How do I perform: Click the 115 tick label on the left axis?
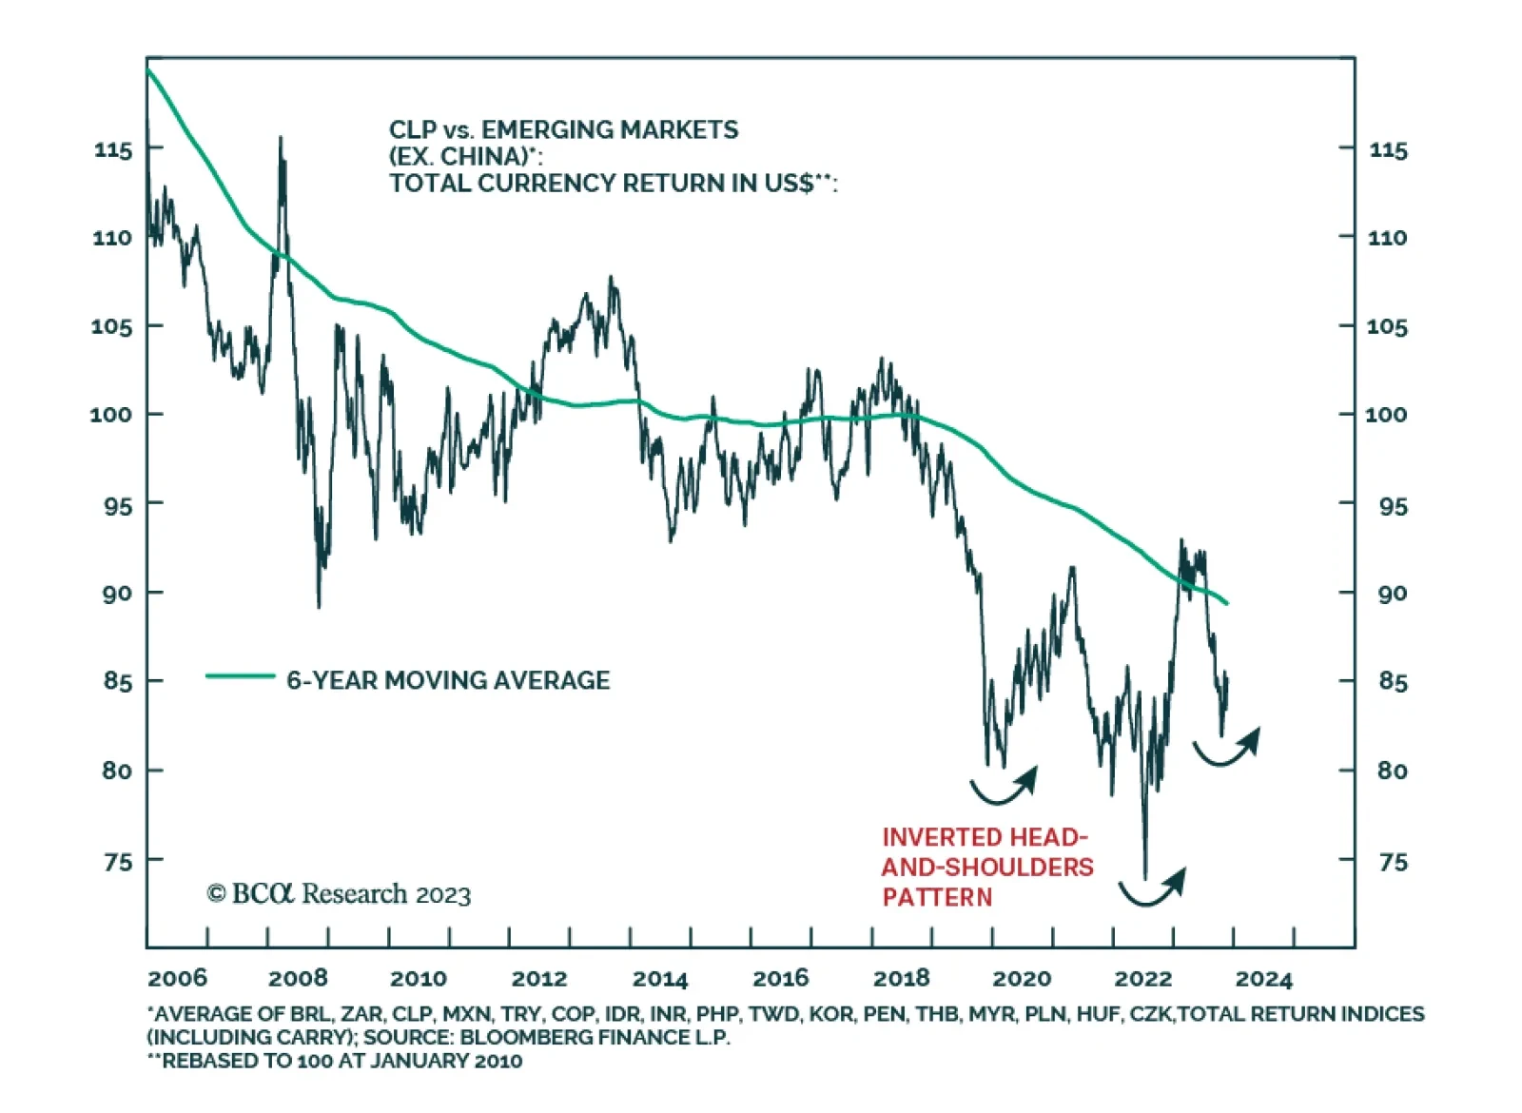[x=113, y=149]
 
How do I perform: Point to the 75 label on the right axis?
[x=1393, y=862]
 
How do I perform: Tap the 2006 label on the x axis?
[x=177, y=978]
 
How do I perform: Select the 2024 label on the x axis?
[x=1263, y=979]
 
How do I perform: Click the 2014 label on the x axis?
[x=660, y=979]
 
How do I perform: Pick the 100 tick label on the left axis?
[x=111, y=415]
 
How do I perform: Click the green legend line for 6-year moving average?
[x=240, y=676]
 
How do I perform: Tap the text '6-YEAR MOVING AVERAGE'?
[x=448, y=680]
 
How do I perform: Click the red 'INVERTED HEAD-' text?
[x=985, y=837]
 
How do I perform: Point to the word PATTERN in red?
[x=937, y=897]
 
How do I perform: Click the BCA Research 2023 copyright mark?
[x=339, y=894]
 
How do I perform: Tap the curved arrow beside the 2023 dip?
[x=1227, y=748]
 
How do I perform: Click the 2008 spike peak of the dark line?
[x=281, y=139]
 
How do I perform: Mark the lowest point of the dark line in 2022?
[x=1144, y=877]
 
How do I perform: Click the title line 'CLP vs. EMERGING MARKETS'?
[x=563, y=130]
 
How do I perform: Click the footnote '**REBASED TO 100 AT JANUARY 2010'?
[x=335, y=1061]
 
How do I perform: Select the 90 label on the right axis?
[x=1393, y=594]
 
